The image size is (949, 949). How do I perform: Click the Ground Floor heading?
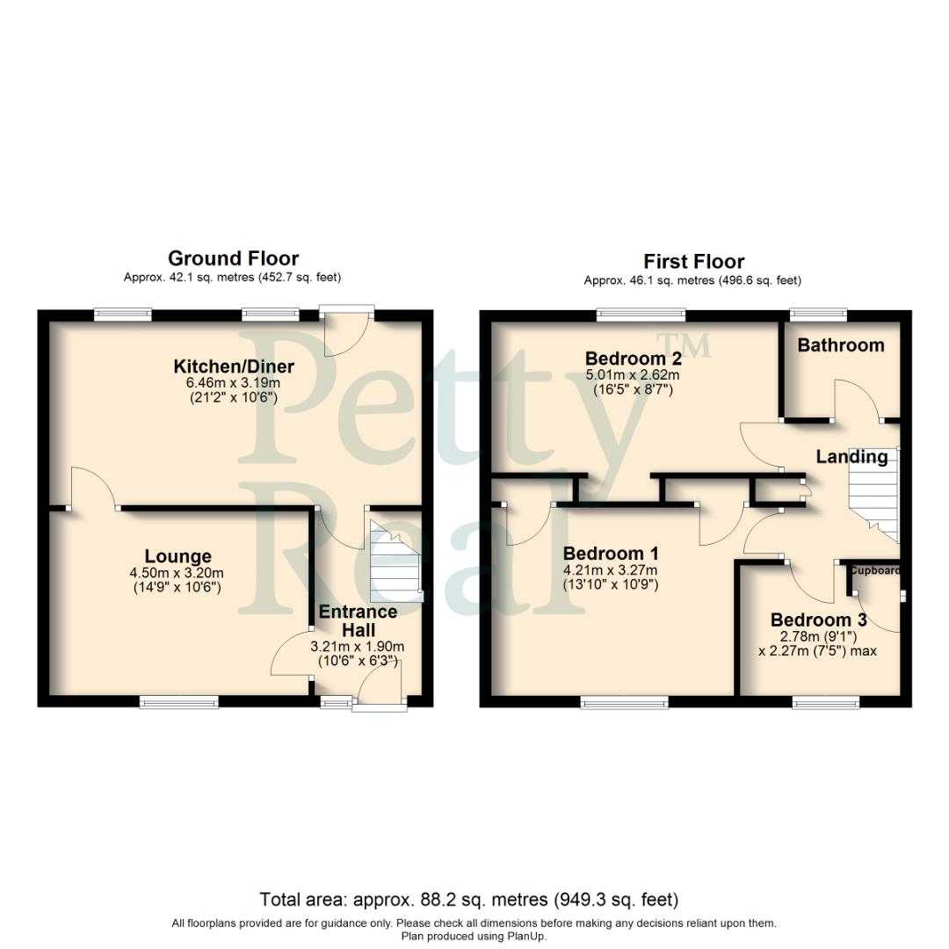pos(233,258)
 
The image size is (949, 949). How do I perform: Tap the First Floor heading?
pos(693,262)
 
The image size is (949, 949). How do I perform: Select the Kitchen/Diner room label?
pos(234,366)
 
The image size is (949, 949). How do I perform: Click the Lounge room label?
pos(178,556)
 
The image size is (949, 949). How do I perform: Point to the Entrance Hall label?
pos(358,620)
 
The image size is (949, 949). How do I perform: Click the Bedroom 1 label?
pos(611,554)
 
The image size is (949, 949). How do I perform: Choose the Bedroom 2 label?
pos(633,359)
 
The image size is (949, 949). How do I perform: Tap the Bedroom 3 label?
pos(812,619)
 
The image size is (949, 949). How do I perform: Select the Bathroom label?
pos(840,345)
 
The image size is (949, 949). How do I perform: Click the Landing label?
pos(851,457)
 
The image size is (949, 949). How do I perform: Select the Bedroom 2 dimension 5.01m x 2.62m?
pos(633,375)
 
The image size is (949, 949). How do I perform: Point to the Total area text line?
pos(469,900)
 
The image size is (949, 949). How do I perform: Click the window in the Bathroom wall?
pos(817,313)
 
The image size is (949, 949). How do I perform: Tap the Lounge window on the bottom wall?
pos(178,701)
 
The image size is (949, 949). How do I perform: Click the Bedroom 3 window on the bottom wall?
pos(825,701)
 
